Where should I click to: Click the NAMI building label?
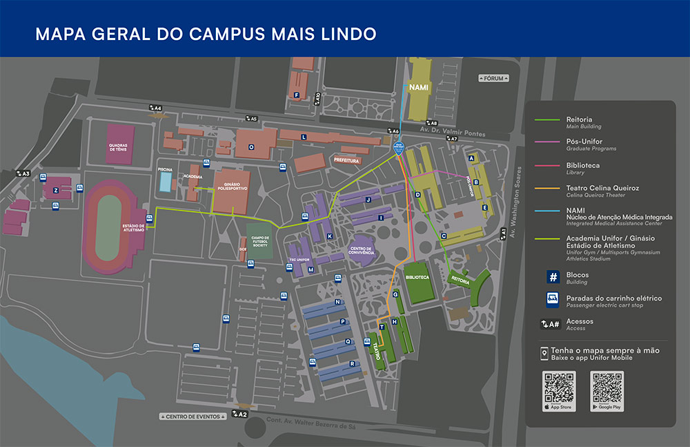[x=419, y=88]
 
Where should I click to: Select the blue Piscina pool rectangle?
[x=166, y=182]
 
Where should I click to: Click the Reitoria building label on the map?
[x=460, y=281]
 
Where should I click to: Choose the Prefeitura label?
[x=346, y=160]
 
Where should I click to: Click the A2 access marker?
[x=239, y=414]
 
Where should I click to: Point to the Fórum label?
[x=493, y=79]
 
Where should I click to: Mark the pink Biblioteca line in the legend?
[x=548, y=166]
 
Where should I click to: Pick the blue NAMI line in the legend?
[x=548, y=210]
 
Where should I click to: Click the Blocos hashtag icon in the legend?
[x=553, y=276]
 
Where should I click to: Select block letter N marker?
[x=338, y=302]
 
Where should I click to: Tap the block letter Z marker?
[x=55, y=190]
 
